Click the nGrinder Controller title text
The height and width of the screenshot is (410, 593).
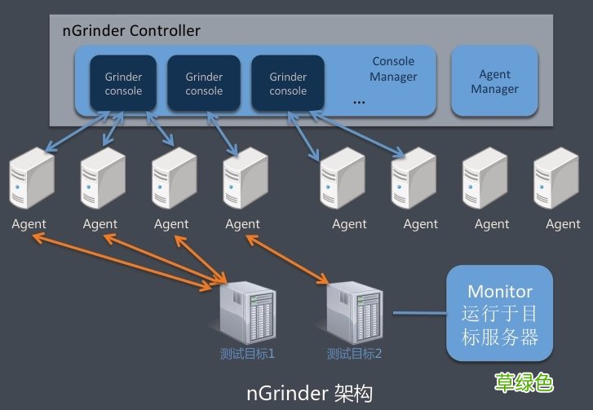(x=131, y=31)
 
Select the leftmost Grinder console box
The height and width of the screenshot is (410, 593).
(x=123, y=83)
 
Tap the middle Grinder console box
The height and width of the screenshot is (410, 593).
(x=204, y=83)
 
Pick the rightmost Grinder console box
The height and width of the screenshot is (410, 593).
(x=288, y=83)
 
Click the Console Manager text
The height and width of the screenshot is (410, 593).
(x=393, y=68)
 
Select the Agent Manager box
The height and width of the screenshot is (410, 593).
(x=494, y=82)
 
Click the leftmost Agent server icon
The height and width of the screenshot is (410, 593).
(x=30, y=181)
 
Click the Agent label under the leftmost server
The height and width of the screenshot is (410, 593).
(x=29, y=224)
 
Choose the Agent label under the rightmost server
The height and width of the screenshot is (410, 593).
(x=563, y=224)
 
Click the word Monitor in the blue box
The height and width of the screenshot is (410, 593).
(x=500, y=291)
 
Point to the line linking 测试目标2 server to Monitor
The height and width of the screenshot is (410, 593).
(x=418, y=312)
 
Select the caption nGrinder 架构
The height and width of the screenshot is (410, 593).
(x=309, y=393)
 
